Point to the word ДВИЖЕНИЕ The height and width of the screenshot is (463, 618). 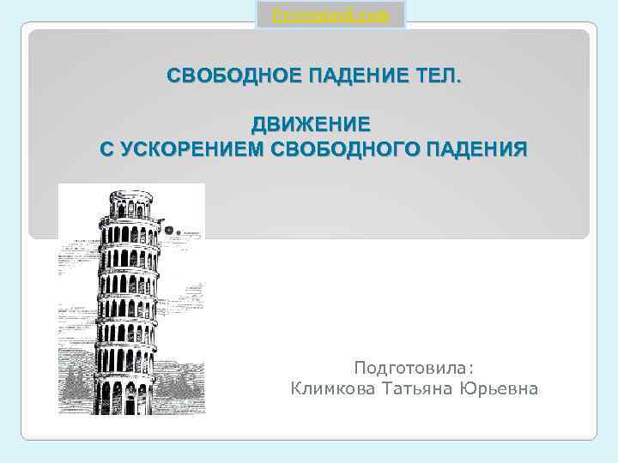click(x=311, y=123)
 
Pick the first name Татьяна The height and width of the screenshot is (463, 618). click(x=421, y=389)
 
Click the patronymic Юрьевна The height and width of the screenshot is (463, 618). click(x=503, y=389)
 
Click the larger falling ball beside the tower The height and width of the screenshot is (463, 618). click(x=170, y=230)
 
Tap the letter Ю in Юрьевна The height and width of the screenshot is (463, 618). click(x=474, y=389)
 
